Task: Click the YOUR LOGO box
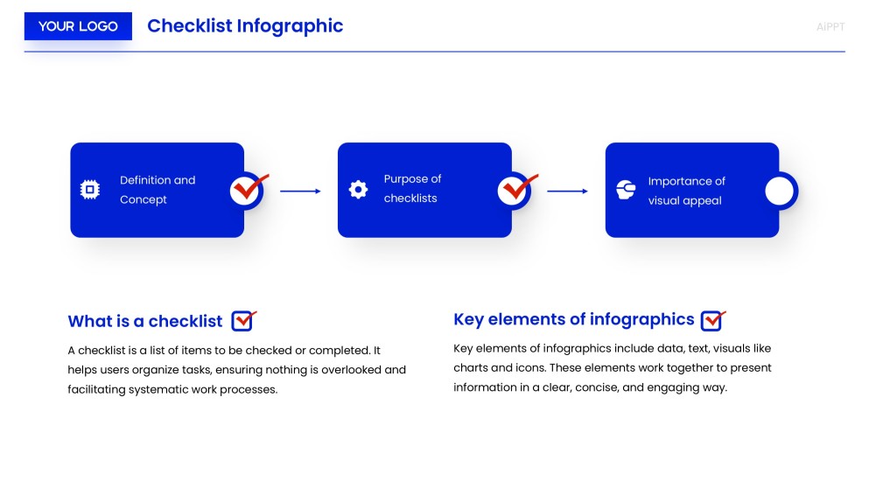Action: [x=78, y=26]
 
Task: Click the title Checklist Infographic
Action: [x=245, y=26]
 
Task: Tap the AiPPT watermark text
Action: [x=830, y=27]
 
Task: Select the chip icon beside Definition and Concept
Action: [x=89, y=190]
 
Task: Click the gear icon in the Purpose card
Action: [x=358, y=190]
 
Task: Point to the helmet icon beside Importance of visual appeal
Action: [x=625, y=190]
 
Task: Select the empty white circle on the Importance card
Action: [x=779, y=191]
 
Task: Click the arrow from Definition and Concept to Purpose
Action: [x=300, y=191]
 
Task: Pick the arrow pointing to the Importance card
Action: [x=567, y=191]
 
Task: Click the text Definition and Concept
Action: [x=158, y=190]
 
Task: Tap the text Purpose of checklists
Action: [x=412, y=188]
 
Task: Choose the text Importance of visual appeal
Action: [x=686, y=191]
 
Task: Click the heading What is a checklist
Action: [x=145, y=321]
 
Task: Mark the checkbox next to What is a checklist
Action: [x=242, y=321]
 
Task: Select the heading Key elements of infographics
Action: [x=573, y=319]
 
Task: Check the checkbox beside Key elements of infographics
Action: [x=711, y=320]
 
